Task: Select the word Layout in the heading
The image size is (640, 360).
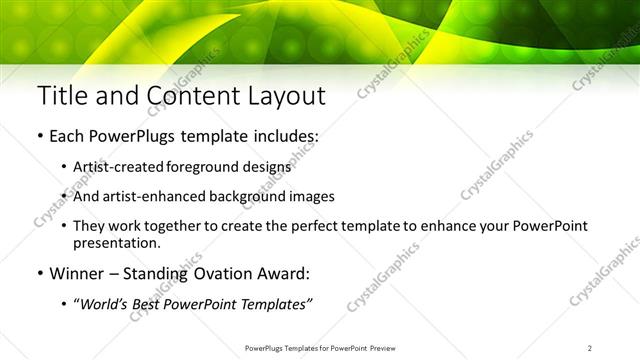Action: (286, 96)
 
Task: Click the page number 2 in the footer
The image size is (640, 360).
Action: (590, 347)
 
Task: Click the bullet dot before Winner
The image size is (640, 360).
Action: (39, 273)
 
